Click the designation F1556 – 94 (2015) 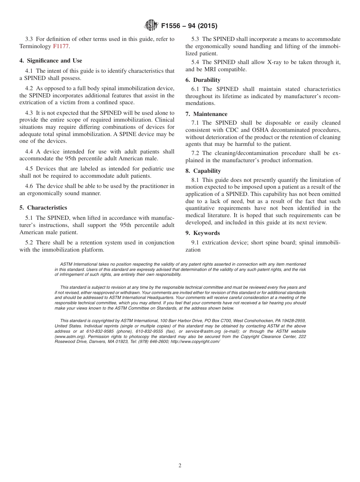point(189,26)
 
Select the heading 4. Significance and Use point(51,61)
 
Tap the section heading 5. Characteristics point(43,208)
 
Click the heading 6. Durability point(203,80)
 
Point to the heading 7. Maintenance point(206,114)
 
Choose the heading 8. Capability point(203,171)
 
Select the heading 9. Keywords point(202,233)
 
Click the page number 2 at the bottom point(180,466)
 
